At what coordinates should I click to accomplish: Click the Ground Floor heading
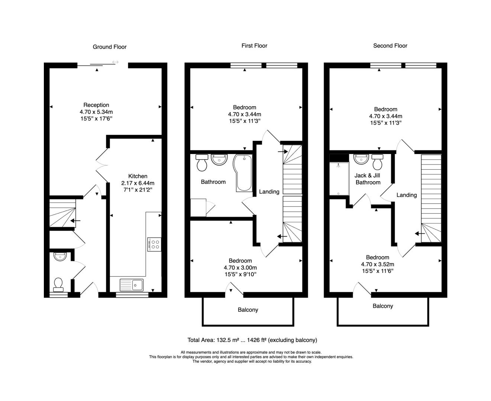click(x=109, y=47)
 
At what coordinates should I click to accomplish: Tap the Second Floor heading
click(x=390, y=46)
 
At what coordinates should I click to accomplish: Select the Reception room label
click(x=96, y=105)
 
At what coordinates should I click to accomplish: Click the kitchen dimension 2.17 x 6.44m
click(x=138, y=183)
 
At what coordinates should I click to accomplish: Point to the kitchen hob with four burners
click(x=154, y=244)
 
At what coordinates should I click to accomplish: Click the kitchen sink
click(x=132, y=285)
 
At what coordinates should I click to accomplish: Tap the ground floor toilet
click(x=58, y=285)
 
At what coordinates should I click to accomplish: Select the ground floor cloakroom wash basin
click(x=60, y=257)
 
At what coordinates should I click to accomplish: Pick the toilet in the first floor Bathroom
click(x=201, y=163)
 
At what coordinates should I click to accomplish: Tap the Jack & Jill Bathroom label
click(x=368, y=179)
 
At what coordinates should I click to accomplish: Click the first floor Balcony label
click(x=248, y=310)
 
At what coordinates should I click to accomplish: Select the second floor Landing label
click(x=407, y=195)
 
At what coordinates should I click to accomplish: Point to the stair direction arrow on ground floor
click(x=75, y=221)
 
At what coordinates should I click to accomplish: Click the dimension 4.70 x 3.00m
click(x=240, y=267)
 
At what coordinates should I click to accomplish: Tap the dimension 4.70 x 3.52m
click(x=377, y=264)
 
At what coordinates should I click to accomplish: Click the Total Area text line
click(x=252, y=340)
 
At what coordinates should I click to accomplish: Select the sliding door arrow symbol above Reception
click(x=115, y=62)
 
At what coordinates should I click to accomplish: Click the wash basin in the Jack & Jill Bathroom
click(x=361, y=159)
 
